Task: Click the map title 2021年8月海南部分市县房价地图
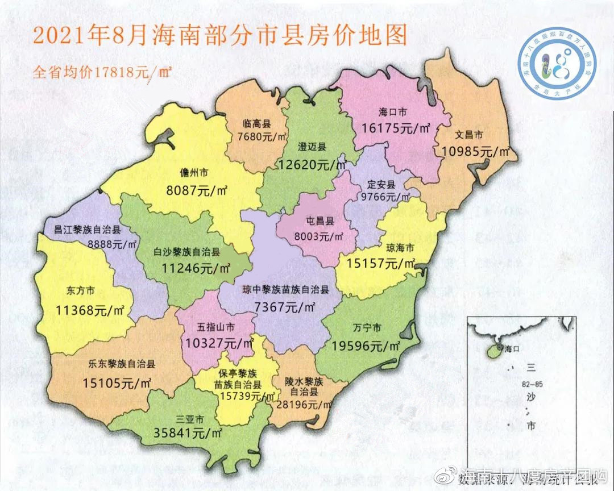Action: [x=220, y=35]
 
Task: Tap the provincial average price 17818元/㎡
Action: [x=102, y=72]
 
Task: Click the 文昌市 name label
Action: [x=469, y=136]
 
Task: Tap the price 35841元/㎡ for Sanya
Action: [x=188, y=432]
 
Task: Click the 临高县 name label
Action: [x=256, y=123]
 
